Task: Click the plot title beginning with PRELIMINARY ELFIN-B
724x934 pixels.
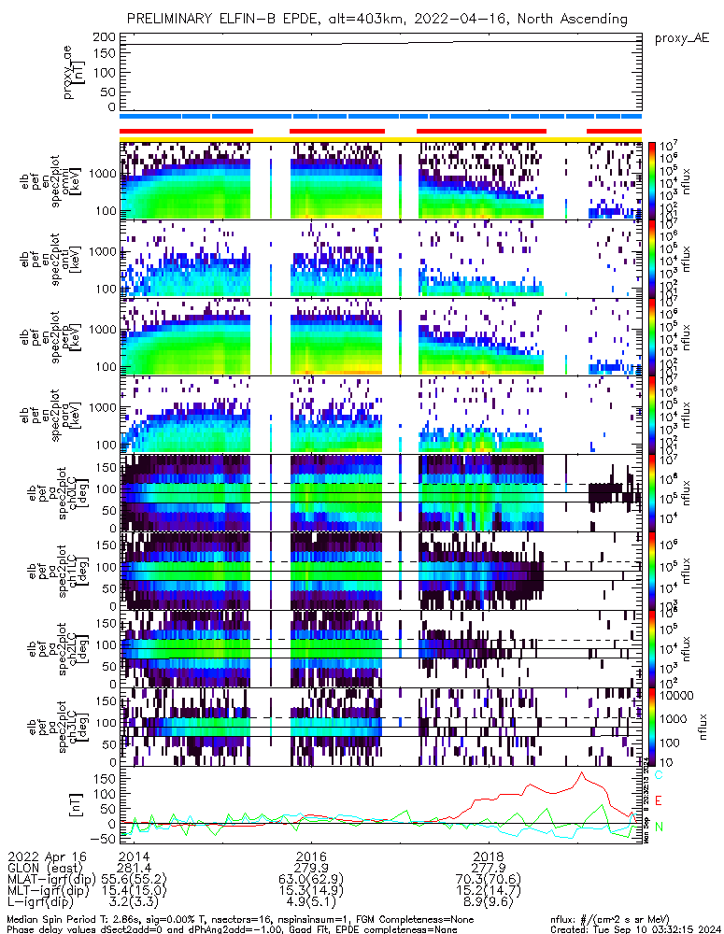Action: (x=377, y=19)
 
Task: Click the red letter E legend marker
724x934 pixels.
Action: (x=659, y=801)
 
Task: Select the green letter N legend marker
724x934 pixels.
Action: (x=659, y=827)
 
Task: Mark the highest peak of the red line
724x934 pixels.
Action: (x=581, y=772)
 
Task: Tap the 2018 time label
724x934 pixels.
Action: (x=489, y=856)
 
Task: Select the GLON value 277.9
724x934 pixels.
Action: (x=489, y=868)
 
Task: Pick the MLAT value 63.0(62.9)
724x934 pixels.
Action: (x=310, y=880)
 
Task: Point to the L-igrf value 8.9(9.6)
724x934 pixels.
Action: (x=489, y=904)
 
